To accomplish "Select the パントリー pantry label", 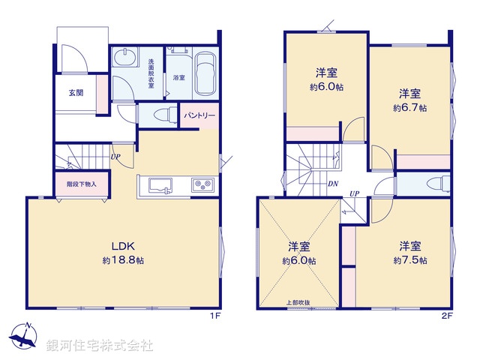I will pyautogui.click(x=200, y=116).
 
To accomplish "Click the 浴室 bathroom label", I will pyautogui.click(x=178, y=77).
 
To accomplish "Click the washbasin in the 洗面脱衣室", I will pyautogui.click(x=125, y=58).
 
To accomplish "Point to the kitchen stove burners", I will pyautogui.click(x=202, y=184).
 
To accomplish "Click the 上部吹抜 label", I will pyautogui.click(x=298, y=302).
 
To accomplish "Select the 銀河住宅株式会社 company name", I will pyautogui.click(x=100, y=346).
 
